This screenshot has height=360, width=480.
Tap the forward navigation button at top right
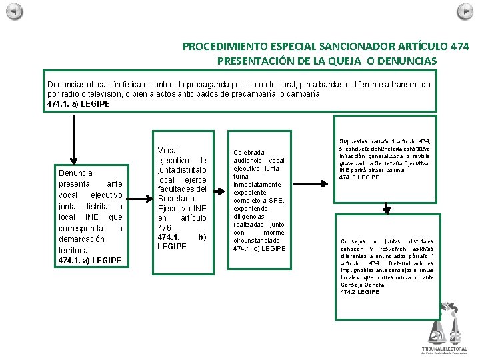tap(465, 11)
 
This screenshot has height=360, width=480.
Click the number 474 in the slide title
tap(459, 47)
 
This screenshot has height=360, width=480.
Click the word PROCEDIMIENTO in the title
tap(225, 47)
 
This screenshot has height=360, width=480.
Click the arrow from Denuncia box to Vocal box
tap(140, 198)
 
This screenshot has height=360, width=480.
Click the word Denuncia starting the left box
tap(75, 173)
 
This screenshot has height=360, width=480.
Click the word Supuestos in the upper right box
tap(354, 141)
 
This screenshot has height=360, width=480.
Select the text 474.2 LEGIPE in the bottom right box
tap(359, 292)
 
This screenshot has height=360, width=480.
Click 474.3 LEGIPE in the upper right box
tap(359, 177)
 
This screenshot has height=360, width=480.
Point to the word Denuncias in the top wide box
tap(67, 85)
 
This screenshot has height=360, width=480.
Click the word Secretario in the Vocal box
tap(176, 198)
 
